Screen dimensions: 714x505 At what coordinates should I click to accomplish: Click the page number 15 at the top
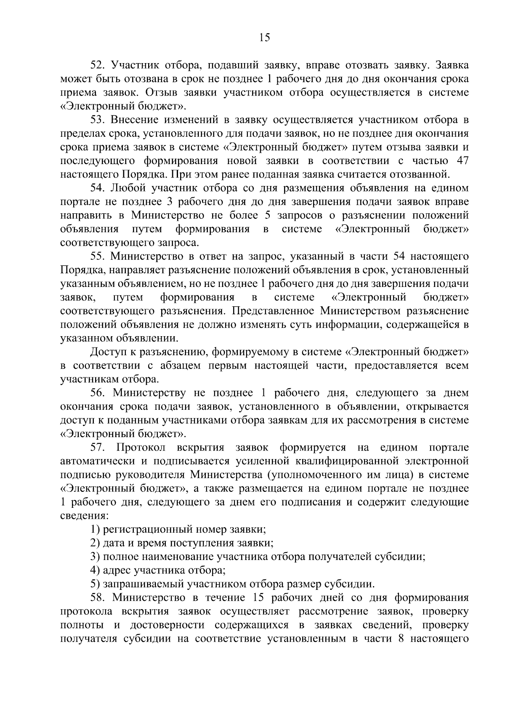tap(265, 38)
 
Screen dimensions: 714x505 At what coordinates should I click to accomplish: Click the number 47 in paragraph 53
tap(461, 161)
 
